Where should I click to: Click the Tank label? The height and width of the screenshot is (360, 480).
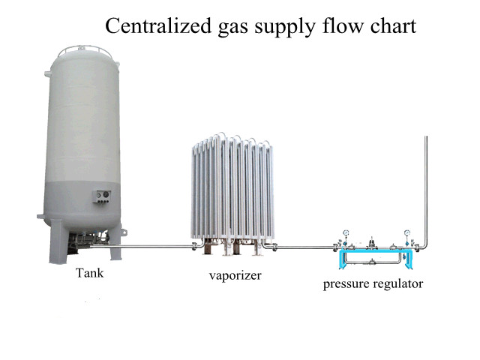[x=89, y=273]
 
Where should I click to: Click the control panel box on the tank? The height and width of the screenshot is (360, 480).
[x=102, y=196]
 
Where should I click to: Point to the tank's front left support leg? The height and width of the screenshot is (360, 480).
[x=58, y=244]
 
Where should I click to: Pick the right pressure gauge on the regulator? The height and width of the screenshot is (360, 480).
[x=406, y=232]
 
